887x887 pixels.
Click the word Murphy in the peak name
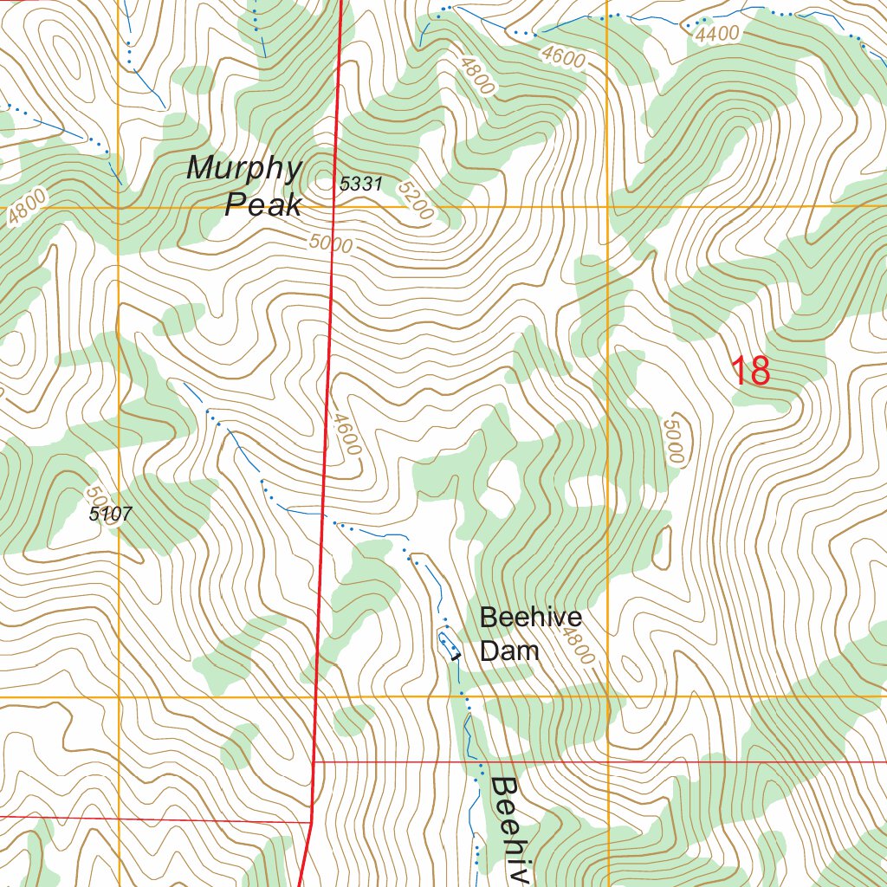pyautogui.click(x=244, y=169)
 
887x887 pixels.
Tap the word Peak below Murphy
pyautogui.click(x=263, y=205)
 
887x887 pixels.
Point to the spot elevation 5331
pyautogui.click(x=360, y=184)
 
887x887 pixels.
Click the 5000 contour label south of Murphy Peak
pyautogui.click(x=330, y=244)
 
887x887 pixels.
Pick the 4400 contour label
pyautogui.click(x=716, y=34)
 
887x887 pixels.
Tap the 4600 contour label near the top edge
pyautogui.click(x=562, y=57)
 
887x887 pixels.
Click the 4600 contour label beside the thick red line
pyautogui.click(x=346, y=434)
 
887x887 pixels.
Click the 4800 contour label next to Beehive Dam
pyautogui.click(x=577, y=646)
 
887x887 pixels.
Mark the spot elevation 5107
pyautogui.click(x=111, y=515)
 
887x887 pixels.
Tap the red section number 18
pyautogui.click(x=750, y=372)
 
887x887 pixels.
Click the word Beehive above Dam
pyautogui.click(x=530, y=618)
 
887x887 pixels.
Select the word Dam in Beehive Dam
pyautogui.click(x=509, y=651)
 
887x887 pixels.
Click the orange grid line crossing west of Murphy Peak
pyautogui.click(x=119, y=208)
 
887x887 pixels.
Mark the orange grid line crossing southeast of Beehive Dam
pyautogui.click(x=608, y=696)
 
